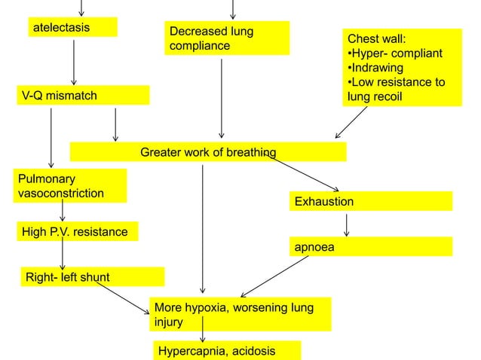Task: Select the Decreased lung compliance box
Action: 228,38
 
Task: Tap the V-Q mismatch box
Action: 82,96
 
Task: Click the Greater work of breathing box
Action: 207,153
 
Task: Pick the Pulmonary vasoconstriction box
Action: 71,186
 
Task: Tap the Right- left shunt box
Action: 90,277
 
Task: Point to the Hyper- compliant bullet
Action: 394,53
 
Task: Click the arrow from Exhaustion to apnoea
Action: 346,224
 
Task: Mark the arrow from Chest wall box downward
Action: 352,122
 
